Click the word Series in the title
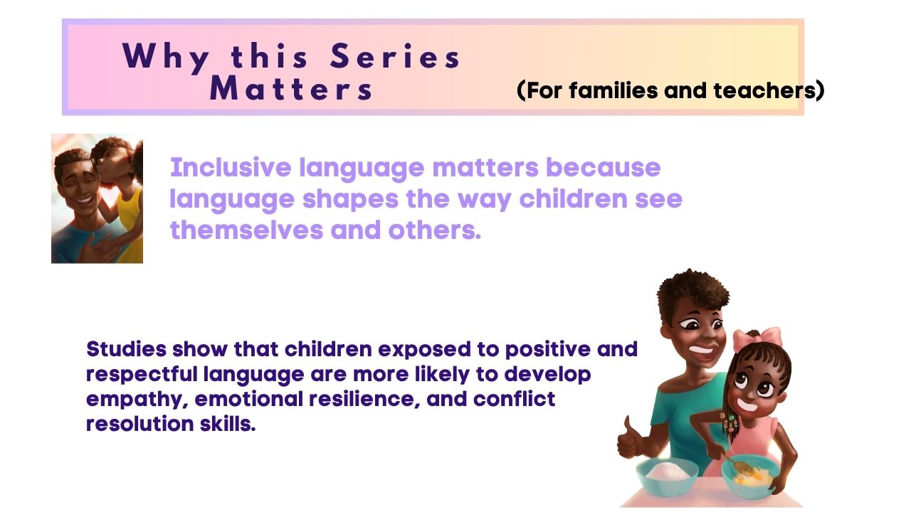coord(394,56)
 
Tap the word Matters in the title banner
coord(291,88)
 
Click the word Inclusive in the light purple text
coord(231,167)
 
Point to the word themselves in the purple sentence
coord(246,230)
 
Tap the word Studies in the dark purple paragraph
coord(126,349)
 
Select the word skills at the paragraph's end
coord(228,424)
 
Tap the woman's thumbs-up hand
coord(630,439)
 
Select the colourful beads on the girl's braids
coord(730,422)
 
